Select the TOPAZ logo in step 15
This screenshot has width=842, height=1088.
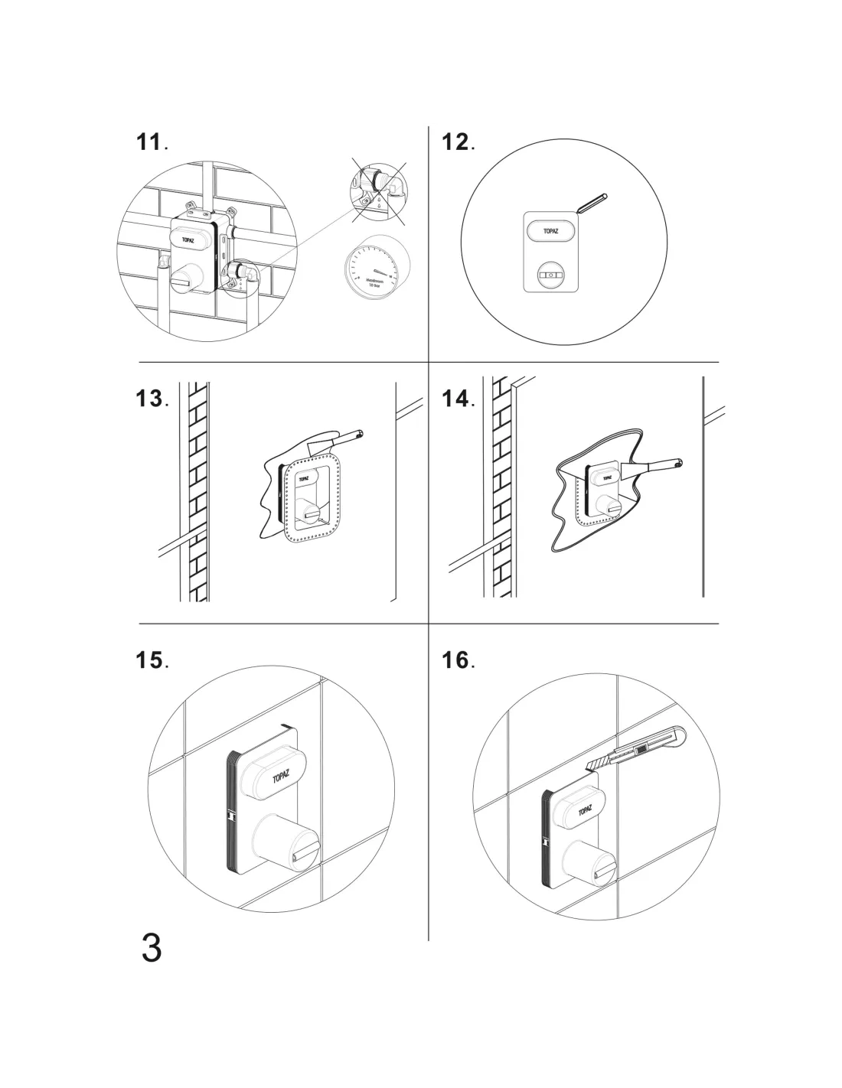(282, 776)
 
